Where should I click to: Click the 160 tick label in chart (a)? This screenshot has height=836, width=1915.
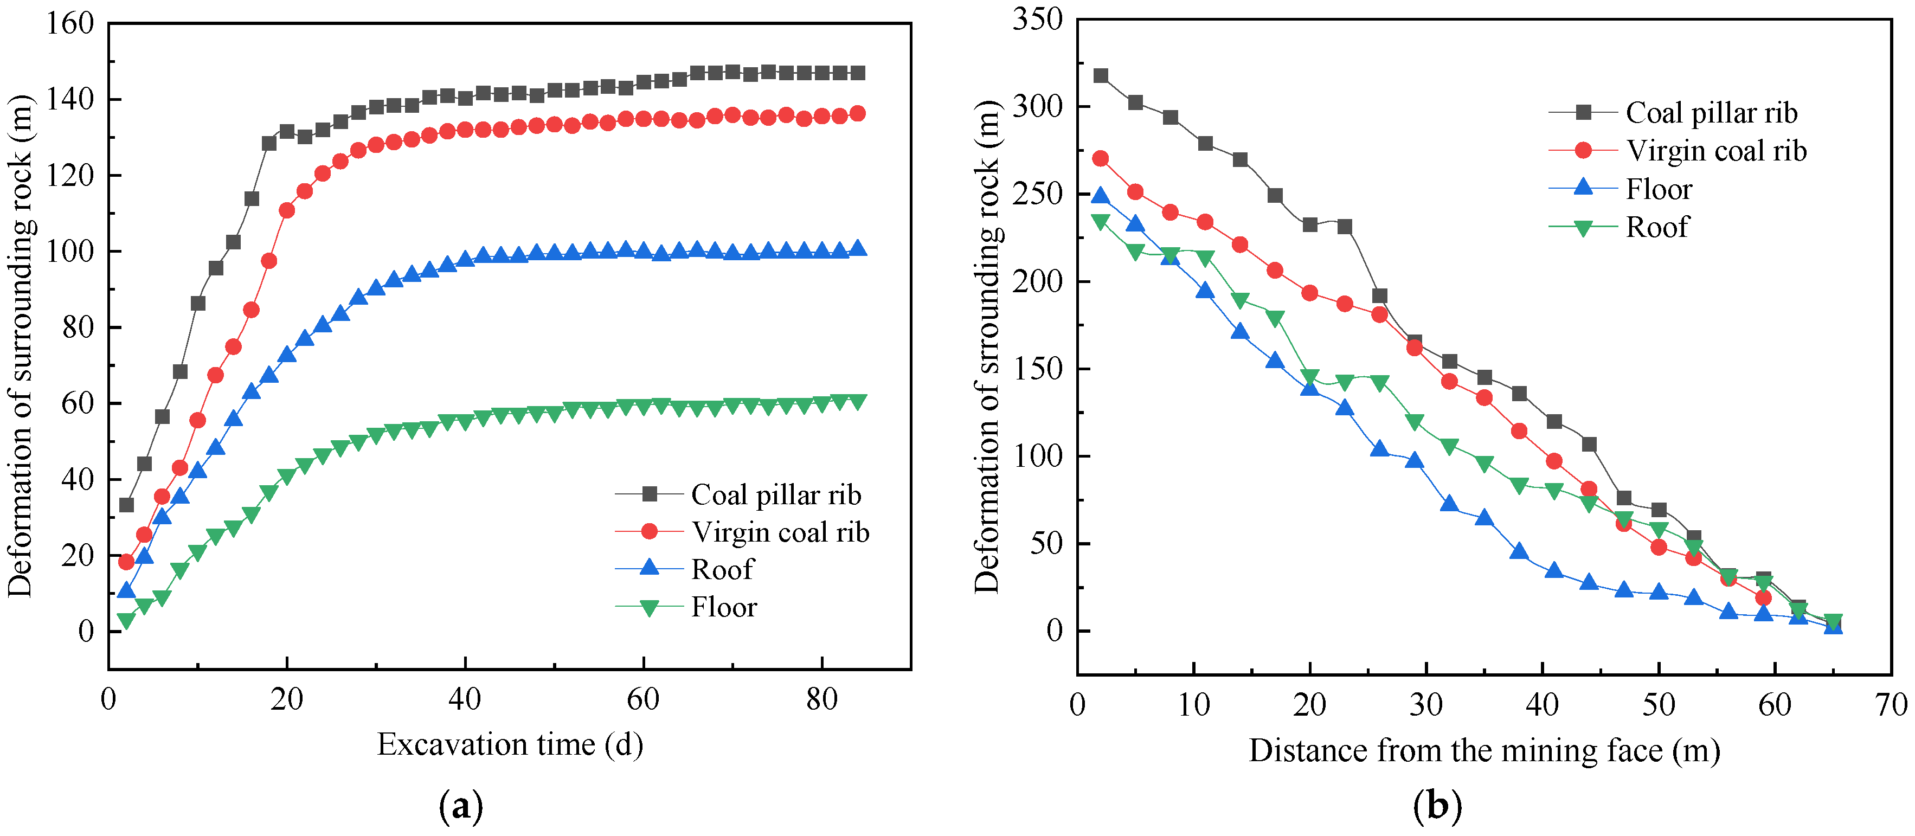(70, 23)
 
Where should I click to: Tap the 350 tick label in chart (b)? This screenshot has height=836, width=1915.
(1038, 18)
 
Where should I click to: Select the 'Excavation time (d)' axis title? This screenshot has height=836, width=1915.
(510, 744)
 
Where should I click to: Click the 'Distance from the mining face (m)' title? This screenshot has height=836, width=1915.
(1485, 750)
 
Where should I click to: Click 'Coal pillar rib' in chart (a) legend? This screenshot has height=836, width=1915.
(776, 494)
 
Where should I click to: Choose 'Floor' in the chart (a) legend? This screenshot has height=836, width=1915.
(724, 607)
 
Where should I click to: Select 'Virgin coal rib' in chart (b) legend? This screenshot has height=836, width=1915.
(1717, 151)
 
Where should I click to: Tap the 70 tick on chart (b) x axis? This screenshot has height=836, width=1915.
(1891, 704)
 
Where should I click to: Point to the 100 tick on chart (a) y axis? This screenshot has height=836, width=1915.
(70, 251)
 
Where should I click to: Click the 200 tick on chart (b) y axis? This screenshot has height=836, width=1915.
(1038, 281)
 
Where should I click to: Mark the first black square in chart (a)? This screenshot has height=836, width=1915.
(126, 505)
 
